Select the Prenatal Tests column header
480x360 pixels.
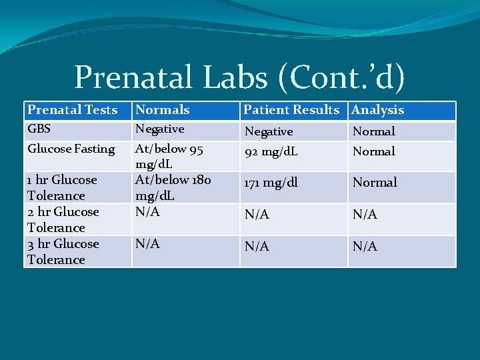click(x=72, y=110)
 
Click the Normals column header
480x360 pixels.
click(x=163, y=110)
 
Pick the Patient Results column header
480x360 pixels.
click(x=291, y=110)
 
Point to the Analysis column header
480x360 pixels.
click(x=378, y=110)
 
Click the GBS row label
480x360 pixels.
click(x=39, y=129)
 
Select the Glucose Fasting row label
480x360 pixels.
click(x=71, y=149)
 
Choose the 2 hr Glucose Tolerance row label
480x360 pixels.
click(x=63, y=219)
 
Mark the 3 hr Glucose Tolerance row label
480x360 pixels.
click(x=63, y=251)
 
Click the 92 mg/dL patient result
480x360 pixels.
click(x=271, y=151)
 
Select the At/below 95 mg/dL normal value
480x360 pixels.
click(x=169, y=156)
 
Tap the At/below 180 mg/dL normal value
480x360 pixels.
click(x=173, y=187)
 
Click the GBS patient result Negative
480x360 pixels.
click(x=269, y=131)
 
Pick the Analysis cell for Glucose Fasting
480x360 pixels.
click(x=373, y=151)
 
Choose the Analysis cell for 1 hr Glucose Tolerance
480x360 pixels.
click(x=375, y=182)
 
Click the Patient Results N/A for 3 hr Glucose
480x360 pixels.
click(x=257, y=246)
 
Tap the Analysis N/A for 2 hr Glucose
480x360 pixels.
click(x=365, y=214)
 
